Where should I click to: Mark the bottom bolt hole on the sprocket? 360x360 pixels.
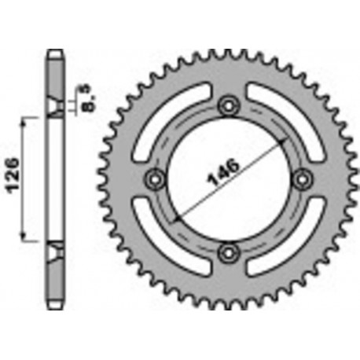click(227, 252)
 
